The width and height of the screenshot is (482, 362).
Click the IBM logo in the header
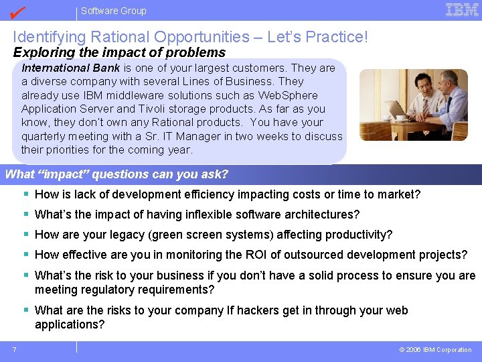[462, 9]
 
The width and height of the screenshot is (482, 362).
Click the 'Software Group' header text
[113, 11]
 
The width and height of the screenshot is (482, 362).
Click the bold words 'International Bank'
[71, 68]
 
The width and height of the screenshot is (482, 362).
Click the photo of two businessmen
[413, 105]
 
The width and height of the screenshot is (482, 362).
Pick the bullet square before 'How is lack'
[25, 194]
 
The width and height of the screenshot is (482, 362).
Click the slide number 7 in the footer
[14, 349]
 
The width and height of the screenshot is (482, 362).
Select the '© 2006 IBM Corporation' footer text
[435, 349]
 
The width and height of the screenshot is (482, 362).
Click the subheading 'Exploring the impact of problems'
[119, 52]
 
